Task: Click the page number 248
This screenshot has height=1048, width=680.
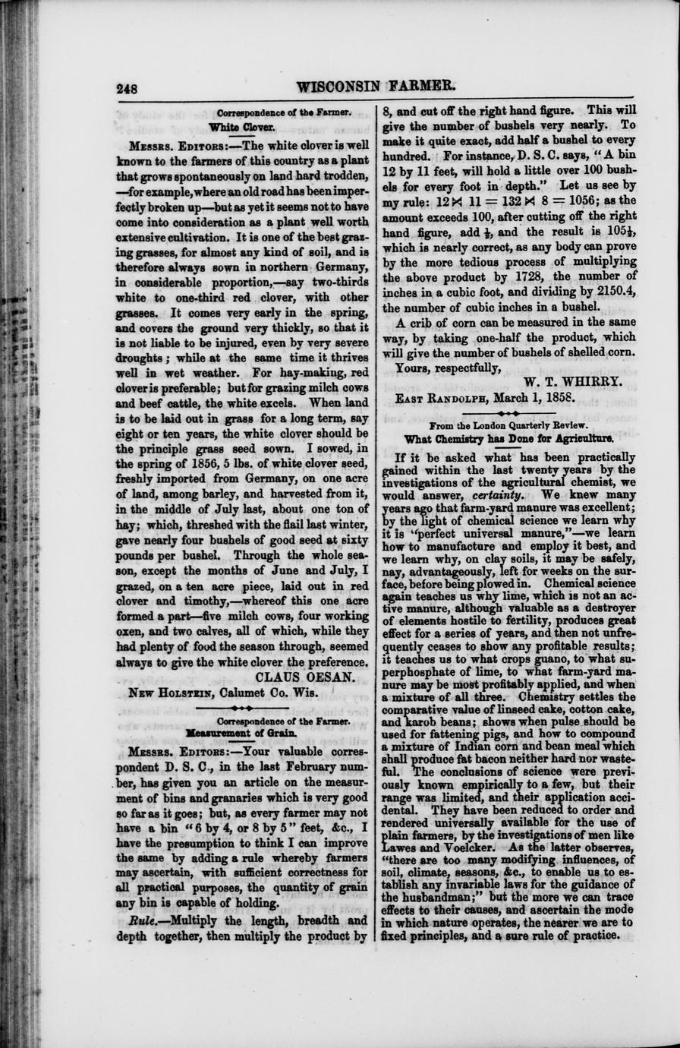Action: point(127,88)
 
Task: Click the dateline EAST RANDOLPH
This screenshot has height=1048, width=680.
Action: point(441,397)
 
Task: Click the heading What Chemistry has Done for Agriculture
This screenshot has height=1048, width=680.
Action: point(509,438)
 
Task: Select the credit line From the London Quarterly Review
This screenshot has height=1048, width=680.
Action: point(508,426)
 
